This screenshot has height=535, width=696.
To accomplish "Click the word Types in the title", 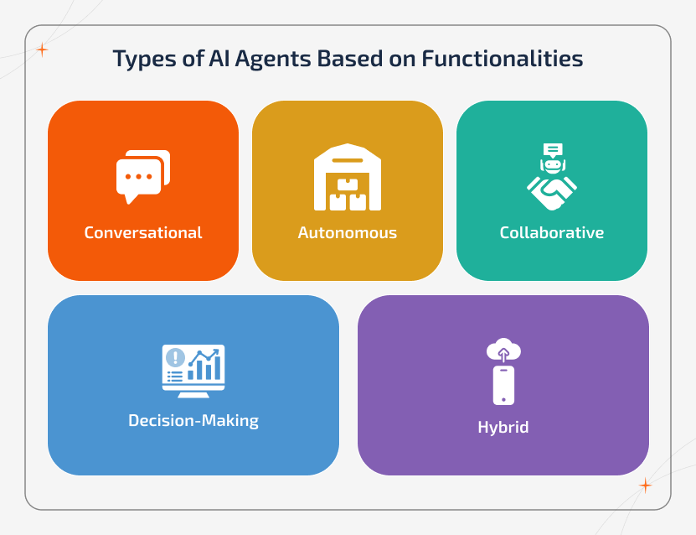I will click(x=140, y=60).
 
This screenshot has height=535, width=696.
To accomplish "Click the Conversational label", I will click(x=143, y=232).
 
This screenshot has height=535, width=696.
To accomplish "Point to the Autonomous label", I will click(x=348, y=232).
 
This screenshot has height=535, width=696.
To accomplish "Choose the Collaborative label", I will click(x=552, y=232).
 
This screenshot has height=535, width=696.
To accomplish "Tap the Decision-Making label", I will click(x=193, y=420).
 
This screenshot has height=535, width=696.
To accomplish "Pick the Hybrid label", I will click(x=503, y=427).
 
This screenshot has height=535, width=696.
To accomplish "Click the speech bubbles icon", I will click(x=142, y=176).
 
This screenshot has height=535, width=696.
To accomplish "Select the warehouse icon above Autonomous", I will click(x=348, y=177).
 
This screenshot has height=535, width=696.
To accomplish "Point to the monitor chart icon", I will click(x=193, y=370).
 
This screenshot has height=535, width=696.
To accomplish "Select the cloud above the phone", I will click(x=503, y=347).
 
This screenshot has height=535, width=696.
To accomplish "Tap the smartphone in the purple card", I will click(x=503, y=385).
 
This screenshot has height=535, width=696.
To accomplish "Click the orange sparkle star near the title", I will click(x=42, y=50).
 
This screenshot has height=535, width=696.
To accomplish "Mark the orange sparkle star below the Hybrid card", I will click(x=645, y=485).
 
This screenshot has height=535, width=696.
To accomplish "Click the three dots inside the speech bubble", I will click(x=138, y=177).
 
